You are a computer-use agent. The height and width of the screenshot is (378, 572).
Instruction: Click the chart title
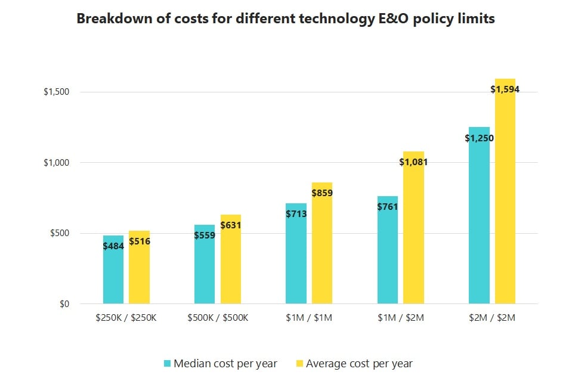286,19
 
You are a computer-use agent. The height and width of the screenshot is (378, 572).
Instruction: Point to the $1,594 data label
505,89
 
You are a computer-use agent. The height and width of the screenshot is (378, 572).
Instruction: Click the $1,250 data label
479,138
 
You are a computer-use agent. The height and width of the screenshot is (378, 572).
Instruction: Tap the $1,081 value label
413,162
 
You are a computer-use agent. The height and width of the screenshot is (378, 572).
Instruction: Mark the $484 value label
113,246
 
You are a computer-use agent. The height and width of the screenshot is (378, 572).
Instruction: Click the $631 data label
231,225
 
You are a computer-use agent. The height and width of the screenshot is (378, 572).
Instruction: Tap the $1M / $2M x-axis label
401,318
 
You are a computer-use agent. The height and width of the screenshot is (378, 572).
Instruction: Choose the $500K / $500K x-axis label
218,318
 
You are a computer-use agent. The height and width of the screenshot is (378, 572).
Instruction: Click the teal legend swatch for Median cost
167,363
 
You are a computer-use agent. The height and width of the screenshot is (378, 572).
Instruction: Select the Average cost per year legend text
359,363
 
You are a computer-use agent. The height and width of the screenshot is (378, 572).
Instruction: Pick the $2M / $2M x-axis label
492,318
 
